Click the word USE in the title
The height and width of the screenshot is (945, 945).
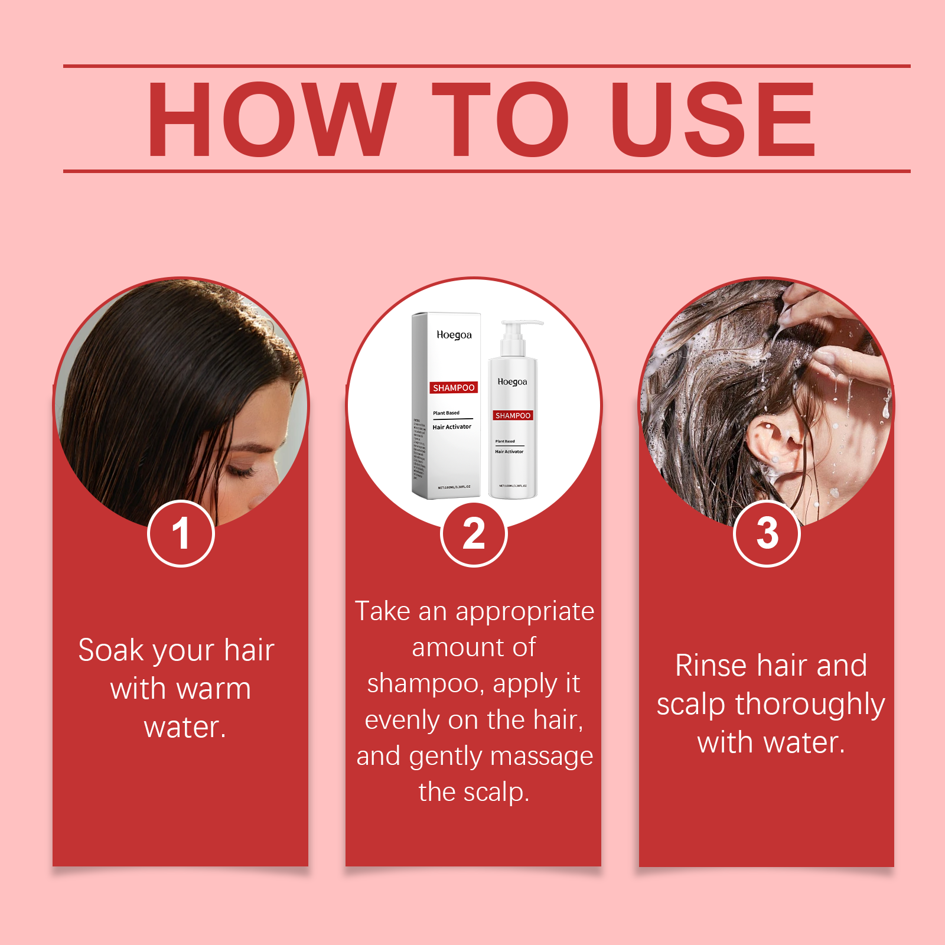713,119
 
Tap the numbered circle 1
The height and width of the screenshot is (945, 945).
181,534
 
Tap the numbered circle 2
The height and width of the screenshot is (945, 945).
474,534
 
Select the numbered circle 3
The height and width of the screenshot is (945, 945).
767,533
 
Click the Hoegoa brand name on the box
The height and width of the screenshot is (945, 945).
454,335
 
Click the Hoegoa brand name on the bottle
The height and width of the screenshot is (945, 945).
512,382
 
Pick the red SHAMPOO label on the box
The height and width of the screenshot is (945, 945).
454,388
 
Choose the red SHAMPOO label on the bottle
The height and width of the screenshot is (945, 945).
513,416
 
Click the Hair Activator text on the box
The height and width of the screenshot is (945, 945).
452,426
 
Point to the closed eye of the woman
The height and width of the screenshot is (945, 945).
241,471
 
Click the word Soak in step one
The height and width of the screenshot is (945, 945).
111,650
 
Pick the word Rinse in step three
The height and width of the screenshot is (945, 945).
711,666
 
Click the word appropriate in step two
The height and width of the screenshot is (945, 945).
525,612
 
